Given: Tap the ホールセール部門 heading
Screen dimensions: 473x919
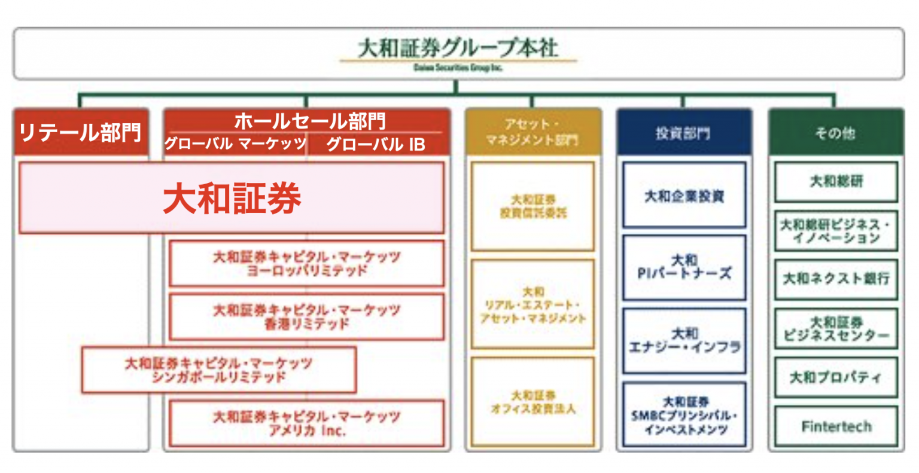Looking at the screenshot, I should click(309, 121).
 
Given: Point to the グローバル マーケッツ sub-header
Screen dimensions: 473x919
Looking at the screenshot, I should click(235, 144).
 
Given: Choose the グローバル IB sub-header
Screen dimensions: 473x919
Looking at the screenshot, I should click(375, 144).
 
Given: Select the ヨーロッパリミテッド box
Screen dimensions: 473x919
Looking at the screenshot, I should click(306, 264).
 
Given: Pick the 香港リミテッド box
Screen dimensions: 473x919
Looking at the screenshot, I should click(306, 317).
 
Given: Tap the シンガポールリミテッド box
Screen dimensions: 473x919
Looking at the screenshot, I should click(219, 370).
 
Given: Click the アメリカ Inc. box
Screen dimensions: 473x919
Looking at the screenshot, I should click(306, 423).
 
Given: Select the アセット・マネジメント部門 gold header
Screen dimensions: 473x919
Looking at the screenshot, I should click(532, 132).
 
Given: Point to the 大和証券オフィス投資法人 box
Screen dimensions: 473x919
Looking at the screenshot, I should click(532, 402).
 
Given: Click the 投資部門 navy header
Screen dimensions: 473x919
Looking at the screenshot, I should click(683, 133).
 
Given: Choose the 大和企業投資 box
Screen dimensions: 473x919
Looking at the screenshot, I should click(684, 196).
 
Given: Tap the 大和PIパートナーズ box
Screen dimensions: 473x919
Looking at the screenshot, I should click(684, 267).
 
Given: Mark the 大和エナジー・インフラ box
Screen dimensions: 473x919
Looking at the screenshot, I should click(684, 341).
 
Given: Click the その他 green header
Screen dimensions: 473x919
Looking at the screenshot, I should click(835, 133).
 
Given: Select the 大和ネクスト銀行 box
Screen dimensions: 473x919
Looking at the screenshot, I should click(836, 279).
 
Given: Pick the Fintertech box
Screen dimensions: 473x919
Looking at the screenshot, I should click(836, 426).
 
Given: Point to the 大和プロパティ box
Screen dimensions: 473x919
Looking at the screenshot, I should click(836, 377).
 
